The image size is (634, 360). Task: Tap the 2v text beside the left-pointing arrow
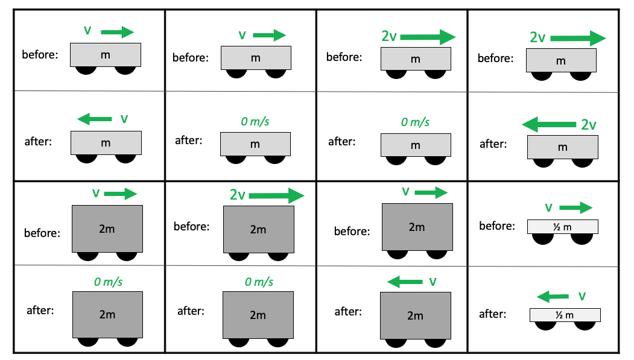589,125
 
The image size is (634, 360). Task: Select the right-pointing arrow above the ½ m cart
575,208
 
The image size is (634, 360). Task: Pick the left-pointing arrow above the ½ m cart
553,296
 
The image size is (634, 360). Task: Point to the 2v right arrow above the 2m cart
276,195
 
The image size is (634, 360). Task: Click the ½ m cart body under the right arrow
563,226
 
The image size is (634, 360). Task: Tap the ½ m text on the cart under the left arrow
565,315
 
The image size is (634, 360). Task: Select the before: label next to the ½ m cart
497,226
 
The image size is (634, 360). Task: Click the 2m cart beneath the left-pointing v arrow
416,315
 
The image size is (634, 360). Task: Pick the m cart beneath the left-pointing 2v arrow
563,147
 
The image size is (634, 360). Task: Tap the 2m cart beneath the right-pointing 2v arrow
259,229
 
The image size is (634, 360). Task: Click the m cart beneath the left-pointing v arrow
106,143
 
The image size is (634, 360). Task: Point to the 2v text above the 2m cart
237,195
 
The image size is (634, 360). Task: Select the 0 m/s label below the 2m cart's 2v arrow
259,282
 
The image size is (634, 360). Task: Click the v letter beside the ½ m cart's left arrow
582,296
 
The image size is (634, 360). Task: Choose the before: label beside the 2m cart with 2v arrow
191,227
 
